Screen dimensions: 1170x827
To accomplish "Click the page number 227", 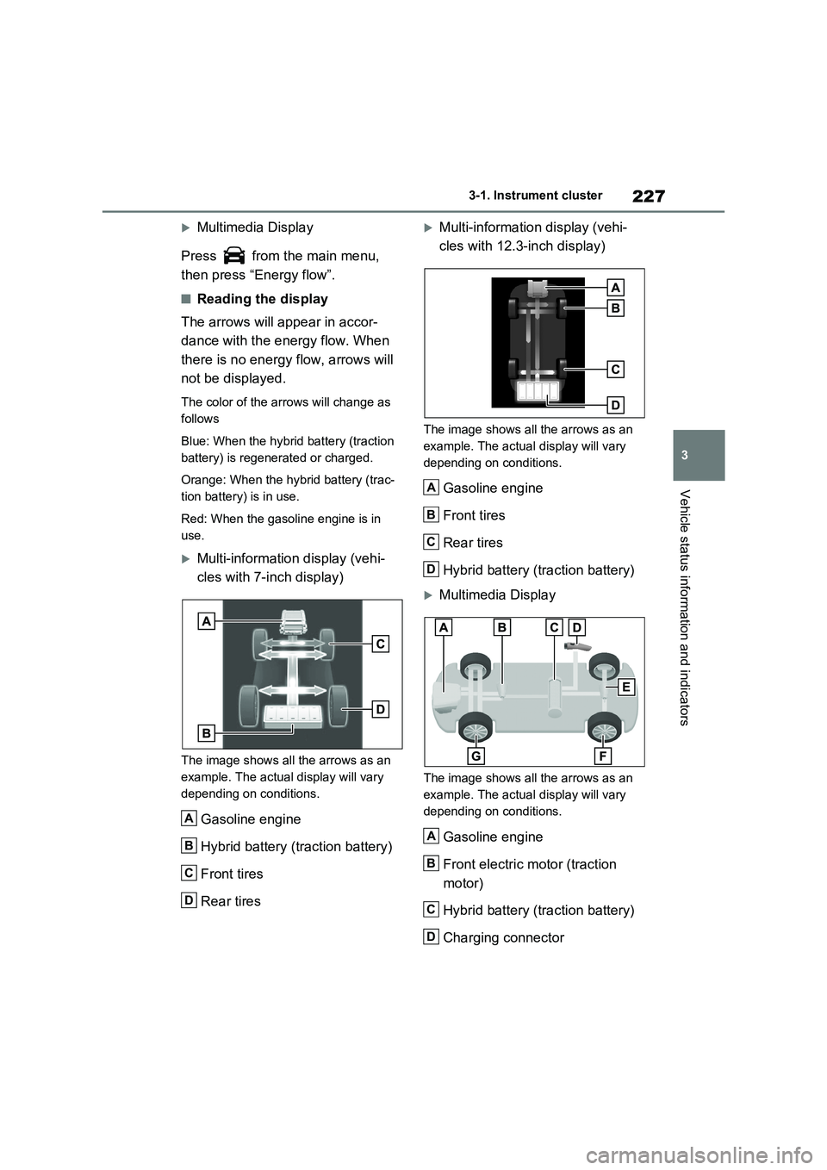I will point(648,196).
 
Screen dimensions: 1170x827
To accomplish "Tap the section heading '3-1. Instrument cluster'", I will point(535,196).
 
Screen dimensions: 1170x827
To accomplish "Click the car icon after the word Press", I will point(233,256).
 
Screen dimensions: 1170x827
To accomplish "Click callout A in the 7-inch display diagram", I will point(206,620).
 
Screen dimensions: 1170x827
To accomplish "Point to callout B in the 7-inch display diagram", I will point(206,732).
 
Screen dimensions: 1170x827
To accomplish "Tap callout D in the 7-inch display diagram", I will point(381,709).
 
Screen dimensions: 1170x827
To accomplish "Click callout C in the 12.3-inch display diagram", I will point(615,370).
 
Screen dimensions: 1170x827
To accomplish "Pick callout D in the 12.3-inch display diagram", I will point(615,405).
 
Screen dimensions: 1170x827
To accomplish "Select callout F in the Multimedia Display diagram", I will point(602,755).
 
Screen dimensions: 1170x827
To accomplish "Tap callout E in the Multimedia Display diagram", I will point(626,687).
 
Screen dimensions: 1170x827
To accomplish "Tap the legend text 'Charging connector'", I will point(503,937).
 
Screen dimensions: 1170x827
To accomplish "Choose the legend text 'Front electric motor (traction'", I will point(529,864).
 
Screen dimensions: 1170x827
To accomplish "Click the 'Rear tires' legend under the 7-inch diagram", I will point(230,901).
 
